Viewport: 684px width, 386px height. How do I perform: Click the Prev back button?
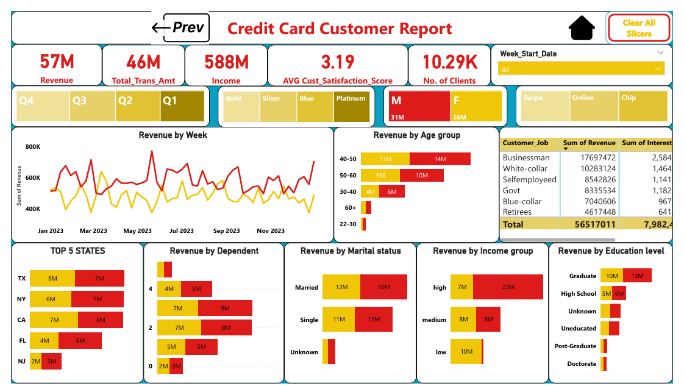pyautogui.click(x=180, y=27)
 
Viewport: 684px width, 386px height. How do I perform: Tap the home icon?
pyautogui.click(x=582, y=28)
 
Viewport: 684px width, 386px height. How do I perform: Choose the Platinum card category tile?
pyautogui.click(x=351, y=107)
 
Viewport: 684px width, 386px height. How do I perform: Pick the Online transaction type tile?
pyautogui.click(x=594, y=107)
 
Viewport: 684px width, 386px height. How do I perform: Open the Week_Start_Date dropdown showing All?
pyautogui.click(x=582, y=69)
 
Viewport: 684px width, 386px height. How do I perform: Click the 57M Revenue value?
pyautogui.click(x=57, y=62)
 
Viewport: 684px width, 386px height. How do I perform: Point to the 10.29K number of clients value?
pyautogui.click(x=450, y=62)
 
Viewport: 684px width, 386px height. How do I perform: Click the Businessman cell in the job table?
pyautogui.click(x=525, y=157)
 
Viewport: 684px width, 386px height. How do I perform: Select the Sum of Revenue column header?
pyautogui.click(x=589, y=143)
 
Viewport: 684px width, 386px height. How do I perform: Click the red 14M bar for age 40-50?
pyautogui.click(x=440, y=159)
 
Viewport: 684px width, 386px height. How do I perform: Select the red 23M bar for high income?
pyautogui.click(x=507, y=287)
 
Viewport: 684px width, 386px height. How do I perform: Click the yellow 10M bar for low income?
pyautogui.click(x=466, y=351)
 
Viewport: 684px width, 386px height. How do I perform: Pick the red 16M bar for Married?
pyautogui.click(x=383, y=287)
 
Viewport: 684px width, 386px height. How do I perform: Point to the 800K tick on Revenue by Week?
pyautogui.click(x=33, y=147)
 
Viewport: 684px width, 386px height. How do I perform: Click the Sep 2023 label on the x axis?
pyautogui.click(x=226, y=231)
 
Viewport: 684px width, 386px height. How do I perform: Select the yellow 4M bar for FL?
pyautogui.click(x=45, y=340)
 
